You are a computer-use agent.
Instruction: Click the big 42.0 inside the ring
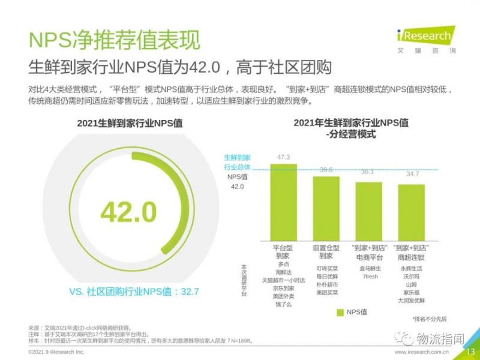coord(128,211)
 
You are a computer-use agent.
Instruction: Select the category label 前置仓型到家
coord(326,252)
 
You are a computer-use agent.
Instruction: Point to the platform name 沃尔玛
coord(411,277)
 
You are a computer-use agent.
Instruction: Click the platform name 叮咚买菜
coord(326,268)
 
